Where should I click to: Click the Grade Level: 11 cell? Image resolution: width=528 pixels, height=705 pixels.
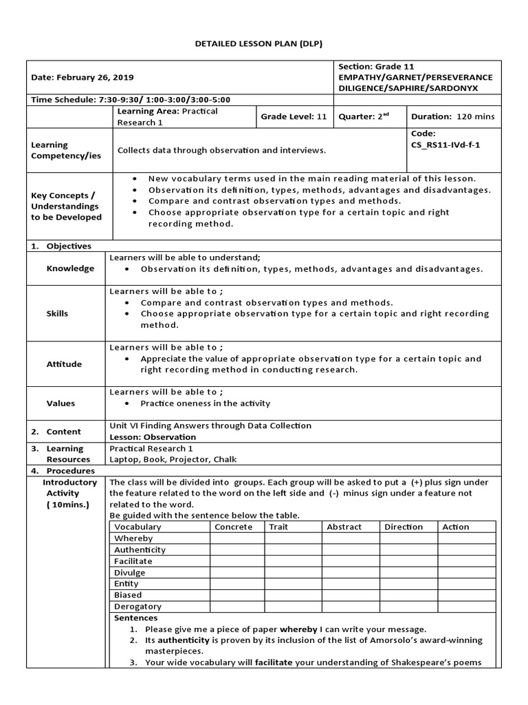[x=294, y=116]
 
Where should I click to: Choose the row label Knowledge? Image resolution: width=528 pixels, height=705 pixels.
[x=70, y=268]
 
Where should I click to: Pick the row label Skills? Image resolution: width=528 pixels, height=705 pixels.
[x=57, y=313]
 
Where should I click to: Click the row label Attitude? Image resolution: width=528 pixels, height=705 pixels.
[x=64, y=364]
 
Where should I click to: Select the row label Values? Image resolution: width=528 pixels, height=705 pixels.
[x=60, y=403]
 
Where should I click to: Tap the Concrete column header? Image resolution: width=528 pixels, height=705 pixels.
[x=234, y=527]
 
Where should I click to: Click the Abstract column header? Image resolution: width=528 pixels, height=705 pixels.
[x=344, y=527]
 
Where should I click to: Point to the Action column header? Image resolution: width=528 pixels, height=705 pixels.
[x=456, y=527]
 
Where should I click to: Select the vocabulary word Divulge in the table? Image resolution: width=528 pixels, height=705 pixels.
[x=130, y=572]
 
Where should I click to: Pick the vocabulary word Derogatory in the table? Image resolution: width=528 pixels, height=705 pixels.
[x=138, y=607]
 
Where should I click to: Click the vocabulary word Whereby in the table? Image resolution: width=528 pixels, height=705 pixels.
[x=133, y=538]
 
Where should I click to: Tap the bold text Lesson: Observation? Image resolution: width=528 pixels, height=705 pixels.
[x=153, y=436]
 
